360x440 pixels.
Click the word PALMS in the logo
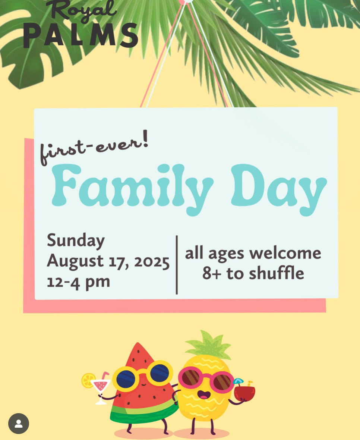tap(80, 35)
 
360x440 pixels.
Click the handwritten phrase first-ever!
tap(94, 147)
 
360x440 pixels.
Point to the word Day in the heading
tap(279, 190)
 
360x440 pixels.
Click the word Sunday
tap(76, 241)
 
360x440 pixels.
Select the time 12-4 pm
tap(78, 282)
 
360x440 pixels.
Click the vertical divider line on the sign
tap(177, 265)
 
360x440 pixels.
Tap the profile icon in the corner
tap(19, 424)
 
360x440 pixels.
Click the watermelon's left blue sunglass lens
tap(126, 378)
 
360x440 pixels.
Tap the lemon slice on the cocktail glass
tap(88, 380)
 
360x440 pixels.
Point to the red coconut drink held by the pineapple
tap(244, 393)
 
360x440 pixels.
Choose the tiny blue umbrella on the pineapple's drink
tap(238, 381)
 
